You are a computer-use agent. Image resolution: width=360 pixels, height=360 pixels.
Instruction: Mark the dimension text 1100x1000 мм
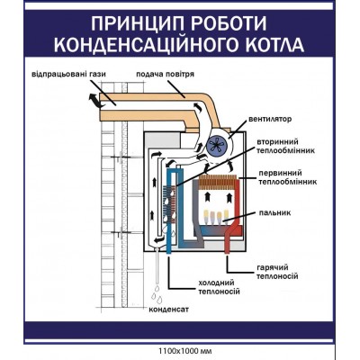pyautogui.click(x=180, y=350)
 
